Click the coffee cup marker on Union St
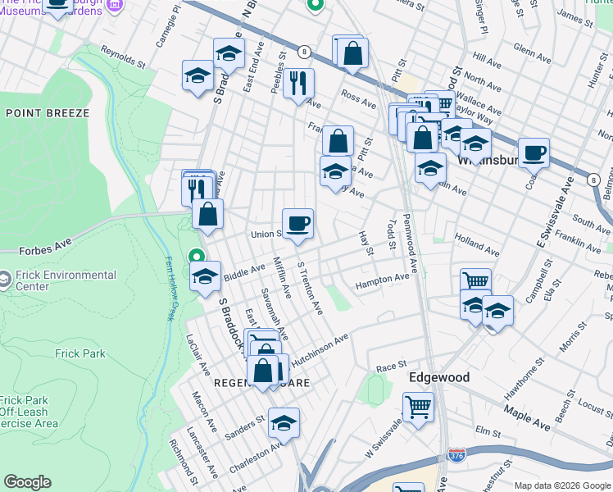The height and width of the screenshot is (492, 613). pos(297,222)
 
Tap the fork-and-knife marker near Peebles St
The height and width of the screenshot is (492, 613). pos(298,82)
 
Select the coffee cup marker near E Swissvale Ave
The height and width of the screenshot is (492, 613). pos(534,152)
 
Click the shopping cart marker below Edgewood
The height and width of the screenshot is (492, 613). pos(418,406)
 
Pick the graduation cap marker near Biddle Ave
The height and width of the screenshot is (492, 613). pos(206,276)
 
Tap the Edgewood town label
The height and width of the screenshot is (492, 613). pos(439,377)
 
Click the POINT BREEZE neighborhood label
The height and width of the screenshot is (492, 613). pos(47,112)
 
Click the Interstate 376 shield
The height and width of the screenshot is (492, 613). pos(456,453)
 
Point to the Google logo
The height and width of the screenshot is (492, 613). pos(27,482)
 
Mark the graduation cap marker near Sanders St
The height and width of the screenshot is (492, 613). pos(284,422)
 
